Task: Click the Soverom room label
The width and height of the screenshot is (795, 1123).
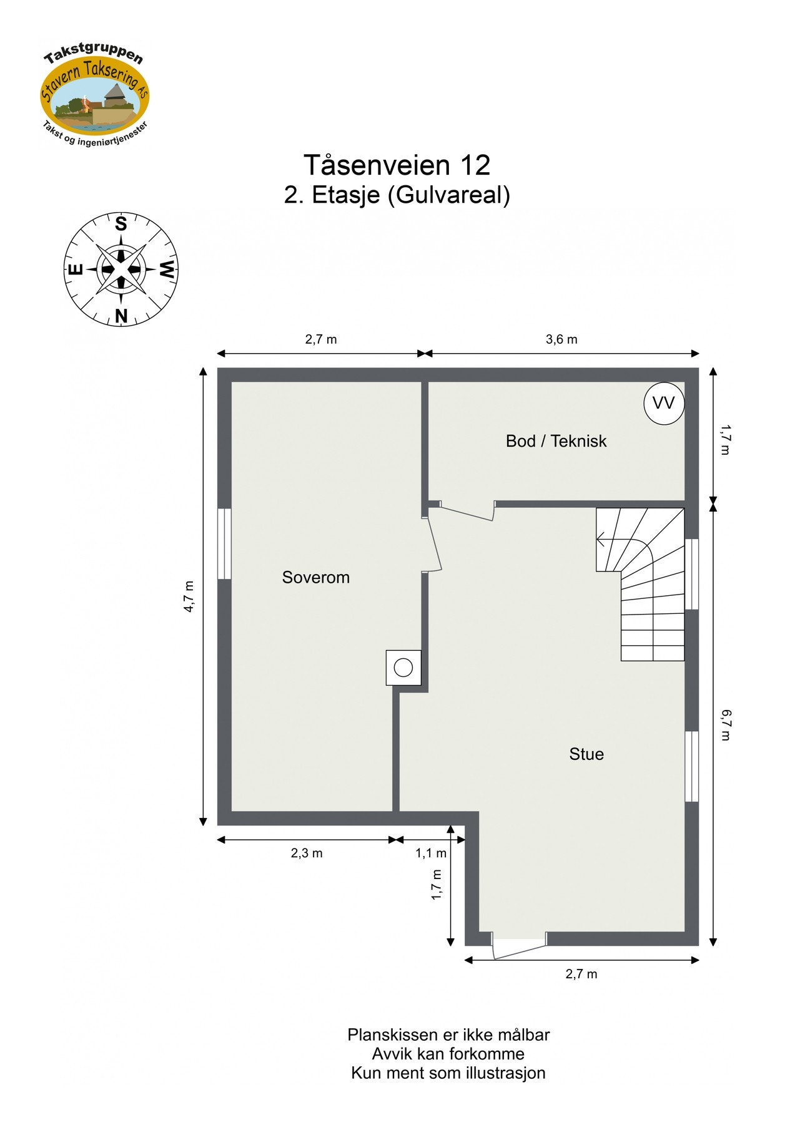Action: [x=315, y=577]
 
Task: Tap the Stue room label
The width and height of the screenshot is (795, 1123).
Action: [x=586, y=754]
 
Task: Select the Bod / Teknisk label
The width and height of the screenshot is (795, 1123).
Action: [x=556, y=441]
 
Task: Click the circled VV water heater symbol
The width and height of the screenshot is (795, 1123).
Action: [x=663, y=403]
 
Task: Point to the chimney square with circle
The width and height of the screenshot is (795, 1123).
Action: [x=403, y=668]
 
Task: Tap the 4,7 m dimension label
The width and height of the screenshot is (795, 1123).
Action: [x=189, y=596]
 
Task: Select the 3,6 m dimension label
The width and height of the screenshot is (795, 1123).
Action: [x=561, y=339]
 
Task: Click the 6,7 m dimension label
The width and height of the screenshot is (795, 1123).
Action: [x=725, y=724]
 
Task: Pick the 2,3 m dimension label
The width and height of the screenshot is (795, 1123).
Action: [x=307, y=853]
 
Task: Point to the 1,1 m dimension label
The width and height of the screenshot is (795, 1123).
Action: [x=431, y=853]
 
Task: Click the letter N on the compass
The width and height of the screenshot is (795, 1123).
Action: [x=121, y=316]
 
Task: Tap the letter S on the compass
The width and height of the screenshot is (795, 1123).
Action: [x=121, y=224]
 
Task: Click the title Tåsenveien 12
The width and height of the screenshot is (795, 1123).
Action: [x=397, y=165]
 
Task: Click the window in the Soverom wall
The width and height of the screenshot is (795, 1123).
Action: [x=224, y=543]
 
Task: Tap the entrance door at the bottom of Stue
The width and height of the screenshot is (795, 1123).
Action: [x=518, y=946]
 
